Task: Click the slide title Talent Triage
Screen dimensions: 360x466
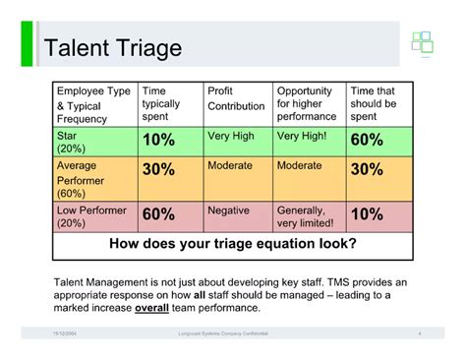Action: pos(110,48)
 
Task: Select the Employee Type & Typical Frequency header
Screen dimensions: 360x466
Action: pos(94,103)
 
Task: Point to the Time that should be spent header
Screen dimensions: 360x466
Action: pos(379,103)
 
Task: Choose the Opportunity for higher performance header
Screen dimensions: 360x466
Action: pos(308,103)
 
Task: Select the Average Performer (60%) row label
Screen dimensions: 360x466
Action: pos(83,181)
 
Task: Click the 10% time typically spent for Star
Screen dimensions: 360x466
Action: pos(159,140)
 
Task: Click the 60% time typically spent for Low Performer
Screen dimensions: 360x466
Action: pos(159,213)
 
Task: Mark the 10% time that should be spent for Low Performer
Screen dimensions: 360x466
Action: pos(367,213)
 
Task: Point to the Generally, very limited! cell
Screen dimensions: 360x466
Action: pos(306,215)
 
